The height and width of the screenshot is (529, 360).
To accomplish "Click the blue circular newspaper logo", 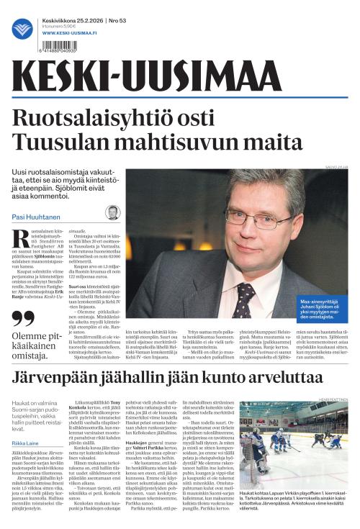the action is (22, 29).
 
